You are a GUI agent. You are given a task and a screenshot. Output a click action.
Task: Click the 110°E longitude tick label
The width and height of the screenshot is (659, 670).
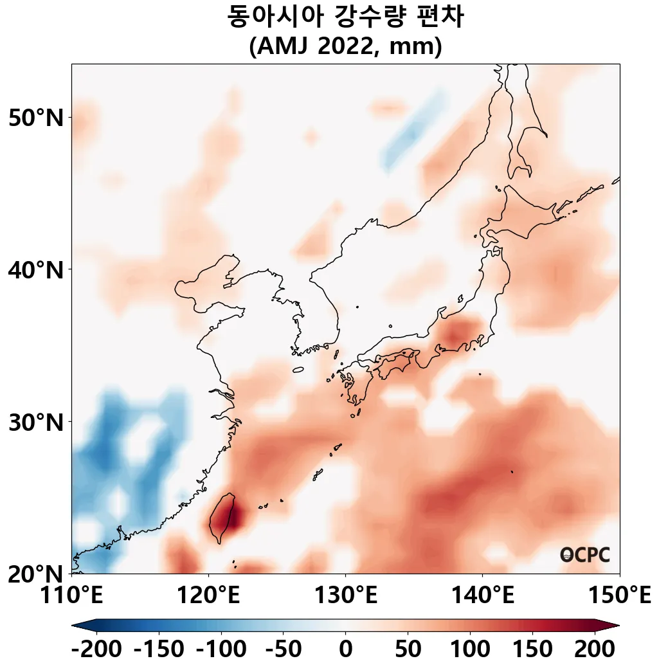click(x=72, y=596)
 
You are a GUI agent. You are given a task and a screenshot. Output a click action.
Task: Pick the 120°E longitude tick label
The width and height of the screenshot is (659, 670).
click(x=208, y=596)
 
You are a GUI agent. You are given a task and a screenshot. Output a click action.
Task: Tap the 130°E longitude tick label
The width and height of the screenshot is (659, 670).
click(x=345, y=596)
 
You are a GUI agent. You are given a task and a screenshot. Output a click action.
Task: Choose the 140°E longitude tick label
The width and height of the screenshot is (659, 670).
click(x=482, y=596)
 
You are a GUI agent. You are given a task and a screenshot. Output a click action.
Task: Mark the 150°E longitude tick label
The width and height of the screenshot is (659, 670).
click(x=619, y=596)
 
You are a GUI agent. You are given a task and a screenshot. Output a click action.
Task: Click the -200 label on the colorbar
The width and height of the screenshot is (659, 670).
click(x=96, y=649)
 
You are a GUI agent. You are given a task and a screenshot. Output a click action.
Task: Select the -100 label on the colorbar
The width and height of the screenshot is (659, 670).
click(x=221, y=649)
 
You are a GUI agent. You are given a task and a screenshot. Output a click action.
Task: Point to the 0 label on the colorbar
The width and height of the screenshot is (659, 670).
click(x=345, y=649)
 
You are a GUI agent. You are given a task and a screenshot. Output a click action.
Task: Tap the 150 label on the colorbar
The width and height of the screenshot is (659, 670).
click(x=532, y=649)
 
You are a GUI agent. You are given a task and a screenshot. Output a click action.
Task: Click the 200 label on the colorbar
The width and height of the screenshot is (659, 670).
click(x=594, y=649)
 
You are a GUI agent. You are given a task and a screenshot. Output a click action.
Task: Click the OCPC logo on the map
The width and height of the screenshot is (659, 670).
click(x=584, y=555)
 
